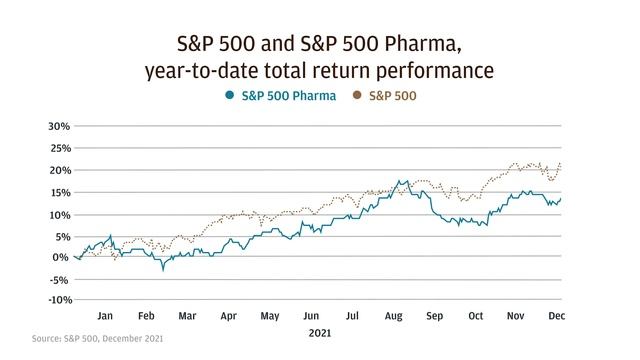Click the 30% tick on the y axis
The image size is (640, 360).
click(57, 127)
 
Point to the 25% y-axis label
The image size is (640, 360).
click(57, 149)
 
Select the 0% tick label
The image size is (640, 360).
click(62, 257)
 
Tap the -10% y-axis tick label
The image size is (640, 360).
click(56, 300)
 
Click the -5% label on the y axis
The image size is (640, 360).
click(58, 279)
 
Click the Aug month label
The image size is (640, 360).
click(393, 316)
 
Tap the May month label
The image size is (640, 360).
click(269, 316)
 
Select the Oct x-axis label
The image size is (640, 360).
click(476, 316)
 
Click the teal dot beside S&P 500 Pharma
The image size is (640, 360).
click(230, 97)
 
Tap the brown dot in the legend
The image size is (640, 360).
click(358, 97)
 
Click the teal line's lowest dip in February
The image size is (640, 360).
click(163, 269)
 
